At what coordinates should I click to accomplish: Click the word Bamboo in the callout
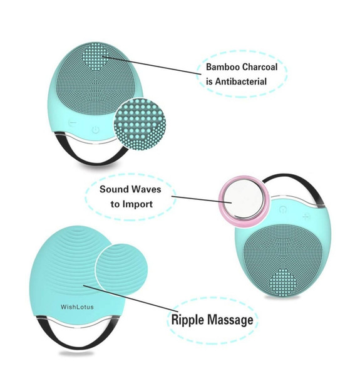point(223,67)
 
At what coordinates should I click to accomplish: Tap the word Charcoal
point(260,67)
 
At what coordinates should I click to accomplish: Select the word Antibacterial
point(240,81)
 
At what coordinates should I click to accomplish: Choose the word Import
point(138,204)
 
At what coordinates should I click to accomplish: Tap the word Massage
point(230,320)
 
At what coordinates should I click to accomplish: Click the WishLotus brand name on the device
point(77,306)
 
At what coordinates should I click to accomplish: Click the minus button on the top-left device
point(73,123)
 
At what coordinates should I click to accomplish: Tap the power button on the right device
point(283,209)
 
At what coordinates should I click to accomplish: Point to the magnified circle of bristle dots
point(140,124)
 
